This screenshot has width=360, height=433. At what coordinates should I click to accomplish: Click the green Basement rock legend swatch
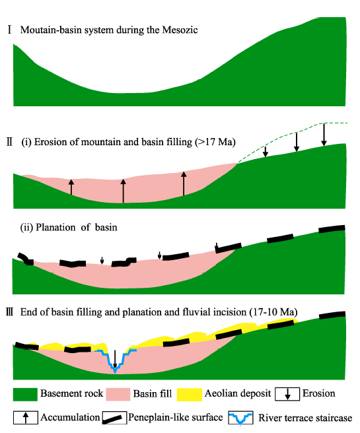(x=25, y=394)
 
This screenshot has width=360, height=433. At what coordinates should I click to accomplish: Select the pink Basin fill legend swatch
(x=118, y=394)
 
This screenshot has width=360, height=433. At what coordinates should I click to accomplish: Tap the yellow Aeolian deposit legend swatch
(x=190, y=394)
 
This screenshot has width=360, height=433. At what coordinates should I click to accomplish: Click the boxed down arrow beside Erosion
(x=287, y=394)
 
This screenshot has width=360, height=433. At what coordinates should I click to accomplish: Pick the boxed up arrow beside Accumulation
(x=25, y=418)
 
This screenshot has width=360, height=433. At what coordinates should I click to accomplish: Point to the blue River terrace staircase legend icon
(x=240, y=418)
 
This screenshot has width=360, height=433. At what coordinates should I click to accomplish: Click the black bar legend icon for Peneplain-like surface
(x=114, y=418)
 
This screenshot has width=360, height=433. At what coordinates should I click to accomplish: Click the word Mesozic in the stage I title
(x=180, y=30)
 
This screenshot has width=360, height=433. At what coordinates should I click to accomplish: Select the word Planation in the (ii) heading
(x=55, y=227)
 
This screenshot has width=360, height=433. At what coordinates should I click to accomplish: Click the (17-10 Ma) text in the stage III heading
(x=273, y=312)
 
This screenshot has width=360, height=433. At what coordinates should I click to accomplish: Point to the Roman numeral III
(x=10, y=312)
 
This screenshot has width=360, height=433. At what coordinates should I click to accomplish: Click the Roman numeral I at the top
(x=10, y=30)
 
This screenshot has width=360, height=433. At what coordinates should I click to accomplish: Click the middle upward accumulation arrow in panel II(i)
(x=124, y=191)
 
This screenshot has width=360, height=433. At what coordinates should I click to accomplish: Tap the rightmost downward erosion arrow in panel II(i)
(x=324, y=135)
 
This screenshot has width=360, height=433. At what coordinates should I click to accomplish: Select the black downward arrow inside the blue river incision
(x=115, y=359)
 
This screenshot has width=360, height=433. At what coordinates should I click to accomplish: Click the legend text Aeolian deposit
(x=238, y=393)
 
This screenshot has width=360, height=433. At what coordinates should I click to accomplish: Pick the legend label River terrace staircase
(x=305, y=418)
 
